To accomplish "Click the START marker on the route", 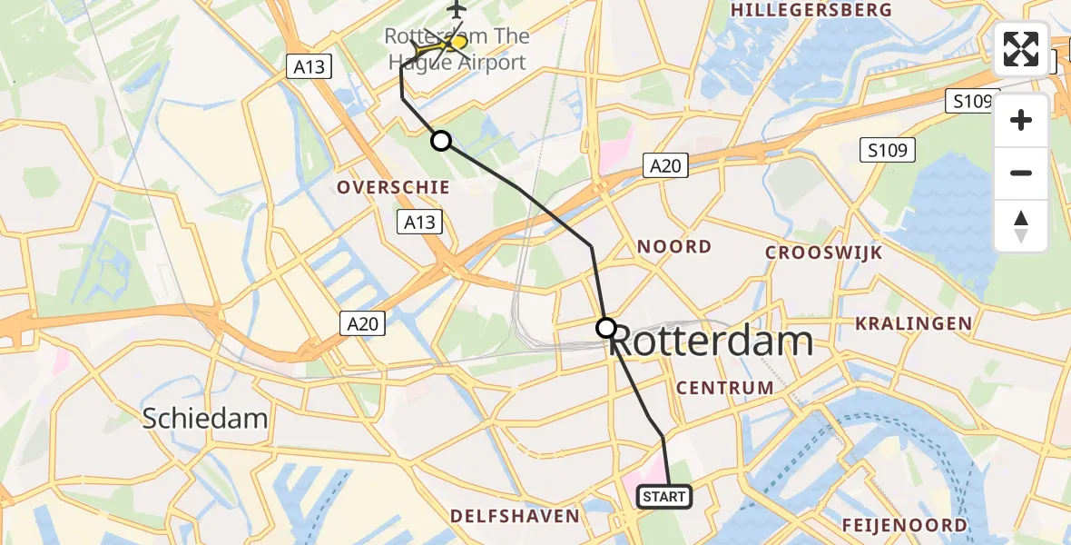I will coord(664,497).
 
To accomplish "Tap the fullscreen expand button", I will coord(1021,49).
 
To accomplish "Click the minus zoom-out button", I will coord(1021,173).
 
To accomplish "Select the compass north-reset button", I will coord(1021,226).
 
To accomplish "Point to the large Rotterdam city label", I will coord(712,342).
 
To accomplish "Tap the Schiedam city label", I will coord(205,418).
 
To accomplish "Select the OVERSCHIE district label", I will coord(393,187).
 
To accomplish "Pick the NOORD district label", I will coord(674,247).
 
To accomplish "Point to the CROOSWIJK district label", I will coord(823,253).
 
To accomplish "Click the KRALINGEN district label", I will coord(914,323).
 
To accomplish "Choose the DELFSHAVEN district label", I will coord(515,516).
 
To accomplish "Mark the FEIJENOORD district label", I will coord(904,525).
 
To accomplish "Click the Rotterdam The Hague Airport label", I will coord(456,50).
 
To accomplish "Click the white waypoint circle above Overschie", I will coord(440,141).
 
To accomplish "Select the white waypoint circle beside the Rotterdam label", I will coord(605,328).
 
